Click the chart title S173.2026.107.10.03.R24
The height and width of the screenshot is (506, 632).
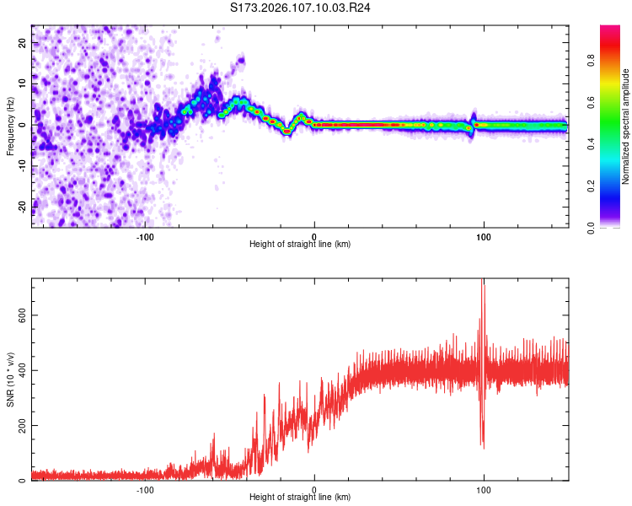coord(301,8)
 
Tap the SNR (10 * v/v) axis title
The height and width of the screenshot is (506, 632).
coord(10,379)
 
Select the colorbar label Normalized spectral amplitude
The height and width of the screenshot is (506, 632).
coord(626,126)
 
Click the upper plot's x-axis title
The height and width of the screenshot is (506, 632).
coord(300,244)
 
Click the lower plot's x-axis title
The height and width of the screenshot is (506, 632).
coord(300,498)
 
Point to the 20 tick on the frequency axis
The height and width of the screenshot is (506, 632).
coord(22,42)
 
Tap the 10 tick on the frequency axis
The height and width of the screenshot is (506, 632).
coord(22,83)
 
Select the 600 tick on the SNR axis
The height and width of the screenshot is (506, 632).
coord(19,315)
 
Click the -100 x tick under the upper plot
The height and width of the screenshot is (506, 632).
coord(145,236)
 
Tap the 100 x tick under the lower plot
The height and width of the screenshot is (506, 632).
coord(484,490)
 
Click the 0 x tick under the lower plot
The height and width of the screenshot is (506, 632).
coord(314,490)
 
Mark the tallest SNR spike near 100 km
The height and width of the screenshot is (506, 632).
coord(483,282)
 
